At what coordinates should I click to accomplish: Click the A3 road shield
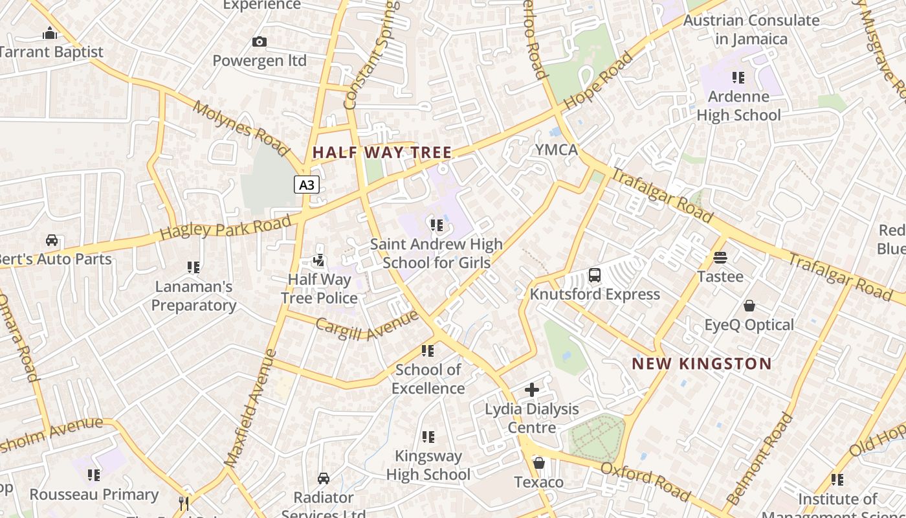click(x=307, y=185)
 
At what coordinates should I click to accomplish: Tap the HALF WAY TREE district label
click(x=382, y=153)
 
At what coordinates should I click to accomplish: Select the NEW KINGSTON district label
click(x=702, y=364)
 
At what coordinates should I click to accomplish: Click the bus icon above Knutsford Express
click(x=595, y=275)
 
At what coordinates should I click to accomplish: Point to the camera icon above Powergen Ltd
click(x=260, y=42)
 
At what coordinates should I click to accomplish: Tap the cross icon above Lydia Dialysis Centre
click(x=531, y=390)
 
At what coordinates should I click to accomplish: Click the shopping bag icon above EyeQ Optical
click(x=749, y=306)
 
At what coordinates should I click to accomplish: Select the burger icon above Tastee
click(x=720, y=257)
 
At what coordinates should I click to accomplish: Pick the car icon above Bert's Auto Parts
click(x=52, y=240)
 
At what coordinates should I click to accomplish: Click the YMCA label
click(x=556, y=150)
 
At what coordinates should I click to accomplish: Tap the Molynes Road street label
click(x=240, y=129)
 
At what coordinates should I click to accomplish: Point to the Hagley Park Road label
click(x=225, y=228)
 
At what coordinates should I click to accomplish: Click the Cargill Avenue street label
click(x=367, y=325)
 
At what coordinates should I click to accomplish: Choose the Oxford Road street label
click(x=645, y=481)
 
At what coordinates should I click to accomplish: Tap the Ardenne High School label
click(x=738, y=106)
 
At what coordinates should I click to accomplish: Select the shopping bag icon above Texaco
click(x=538, y=464)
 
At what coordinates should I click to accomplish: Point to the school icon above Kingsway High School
click(x=428, y=437)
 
